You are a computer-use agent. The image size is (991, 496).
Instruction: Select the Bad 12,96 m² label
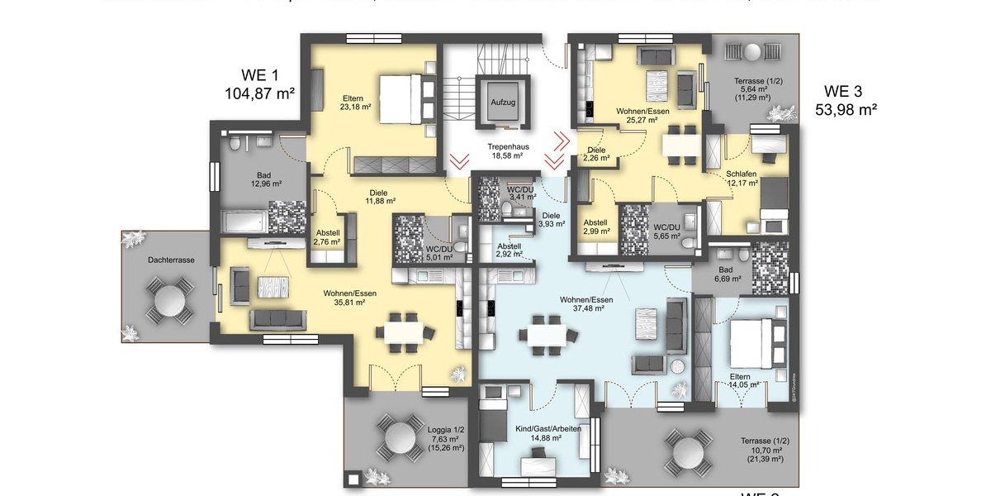[263, 180]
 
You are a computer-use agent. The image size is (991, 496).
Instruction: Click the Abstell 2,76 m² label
[327, 238]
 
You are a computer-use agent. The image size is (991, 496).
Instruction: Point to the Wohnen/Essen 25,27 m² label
[642, 115]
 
